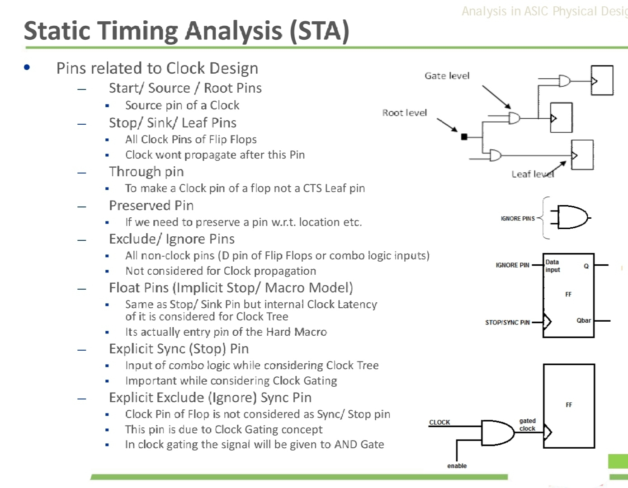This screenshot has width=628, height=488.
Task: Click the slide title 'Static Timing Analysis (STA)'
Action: coord(186,31)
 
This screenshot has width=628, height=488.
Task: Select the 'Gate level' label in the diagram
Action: coord(447,76)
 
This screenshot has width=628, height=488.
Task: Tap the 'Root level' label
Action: coord(404,113)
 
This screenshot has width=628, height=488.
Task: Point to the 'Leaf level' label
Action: coord(532,174)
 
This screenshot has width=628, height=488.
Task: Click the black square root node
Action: coord(464,136)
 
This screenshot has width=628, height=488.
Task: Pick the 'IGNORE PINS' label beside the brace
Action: coord(518,219)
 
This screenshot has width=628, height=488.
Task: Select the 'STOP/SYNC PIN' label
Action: coord(507,323)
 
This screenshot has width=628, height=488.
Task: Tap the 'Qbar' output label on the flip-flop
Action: coord(583,320)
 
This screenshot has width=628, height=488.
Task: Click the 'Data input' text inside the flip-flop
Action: coord(552,266)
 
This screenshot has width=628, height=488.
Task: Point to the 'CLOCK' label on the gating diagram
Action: coord(439,422)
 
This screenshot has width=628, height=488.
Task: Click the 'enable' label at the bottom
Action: coord(457,466)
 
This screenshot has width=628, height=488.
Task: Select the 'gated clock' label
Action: coord(527,425)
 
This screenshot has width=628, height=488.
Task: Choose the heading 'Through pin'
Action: coord(146,172)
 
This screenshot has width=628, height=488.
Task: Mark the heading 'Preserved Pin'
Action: coord(151,206)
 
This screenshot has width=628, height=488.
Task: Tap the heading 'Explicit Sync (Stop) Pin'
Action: coord(179,349)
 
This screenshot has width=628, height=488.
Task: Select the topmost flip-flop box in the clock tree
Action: coord(602,80)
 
